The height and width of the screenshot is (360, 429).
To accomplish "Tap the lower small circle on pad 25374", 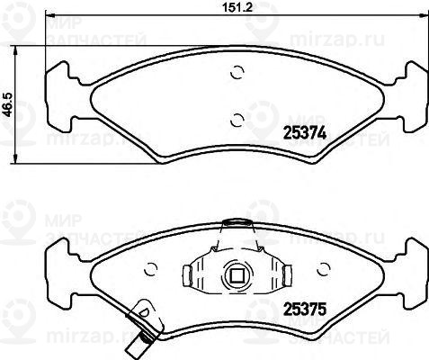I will click(x=236, y=117).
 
